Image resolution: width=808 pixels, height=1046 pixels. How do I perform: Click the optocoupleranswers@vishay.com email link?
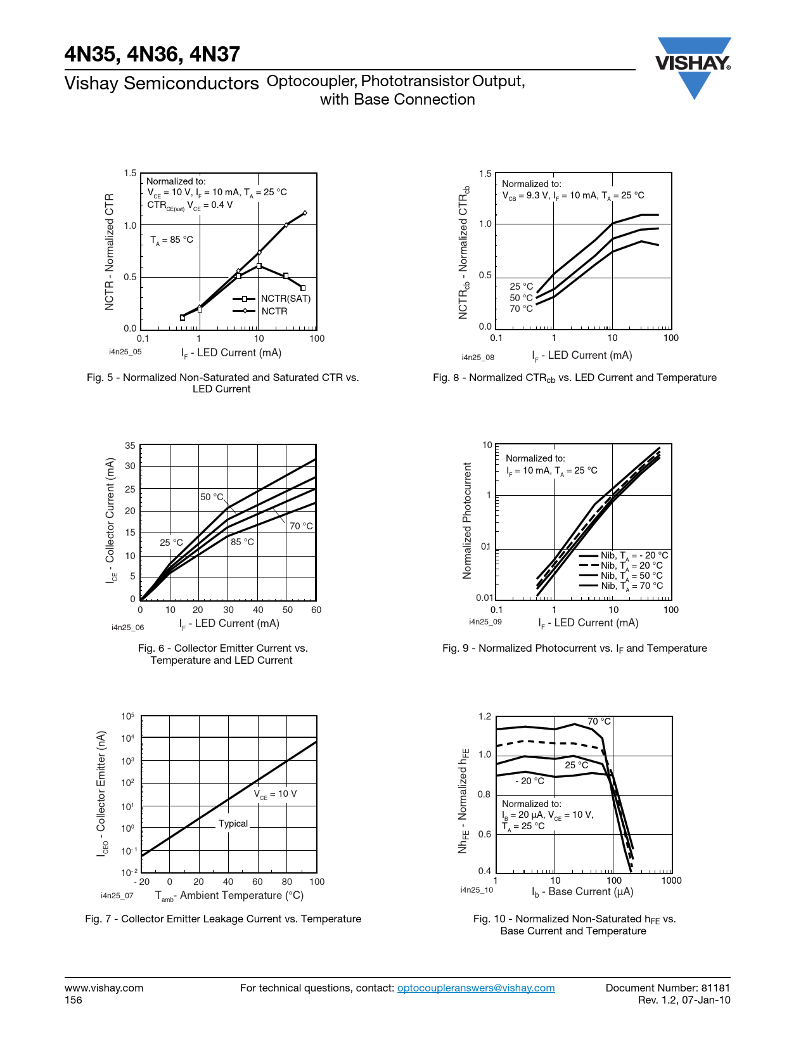[x=475, y=988]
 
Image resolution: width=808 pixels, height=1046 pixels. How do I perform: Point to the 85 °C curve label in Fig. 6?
[x=242, y=542]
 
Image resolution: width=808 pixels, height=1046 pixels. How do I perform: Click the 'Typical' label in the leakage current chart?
[x=233, y=823]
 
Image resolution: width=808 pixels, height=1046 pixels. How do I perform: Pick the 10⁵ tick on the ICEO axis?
[x=127, y=716]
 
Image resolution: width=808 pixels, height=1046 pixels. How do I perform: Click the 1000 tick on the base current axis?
[x=671, y=881]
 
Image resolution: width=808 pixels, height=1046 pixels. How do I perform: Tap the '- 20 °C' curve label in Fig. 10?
[x=530, y=781]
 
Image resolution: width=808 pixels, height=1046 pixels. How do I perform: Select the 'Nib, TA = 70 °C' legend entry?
[x=631, y=586]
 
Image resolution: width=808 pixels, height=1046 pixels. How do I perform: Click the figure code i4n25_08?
[x=478, y=358]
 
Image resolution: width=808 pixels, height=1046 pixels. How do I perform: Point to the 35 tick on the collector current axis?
[x=130, y=446]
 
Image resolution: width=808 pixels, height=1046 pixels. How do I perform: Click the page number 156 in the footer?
[x=74, y=1000]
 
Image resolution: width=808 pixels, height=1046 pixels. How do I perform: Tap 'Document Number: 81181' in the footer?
[x=667, y=988]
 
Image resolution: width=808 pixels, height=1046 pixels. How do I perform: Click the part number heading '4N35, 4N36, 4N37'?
[x=152, y=55]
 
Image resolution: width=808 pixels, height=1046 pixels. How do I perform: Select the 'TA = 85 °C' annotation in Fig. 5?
[x=172, y=240]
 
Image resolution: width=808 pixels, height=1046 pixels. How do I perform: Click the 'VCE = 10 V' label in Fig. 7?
[x=275, y=794]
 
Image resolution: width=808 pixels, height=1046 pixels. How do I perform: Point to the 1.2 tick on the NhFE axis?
[x=485, y=717]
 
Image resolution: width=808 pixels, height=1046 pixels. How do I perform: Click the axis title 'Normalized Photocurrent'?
[x=468, y=520]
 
